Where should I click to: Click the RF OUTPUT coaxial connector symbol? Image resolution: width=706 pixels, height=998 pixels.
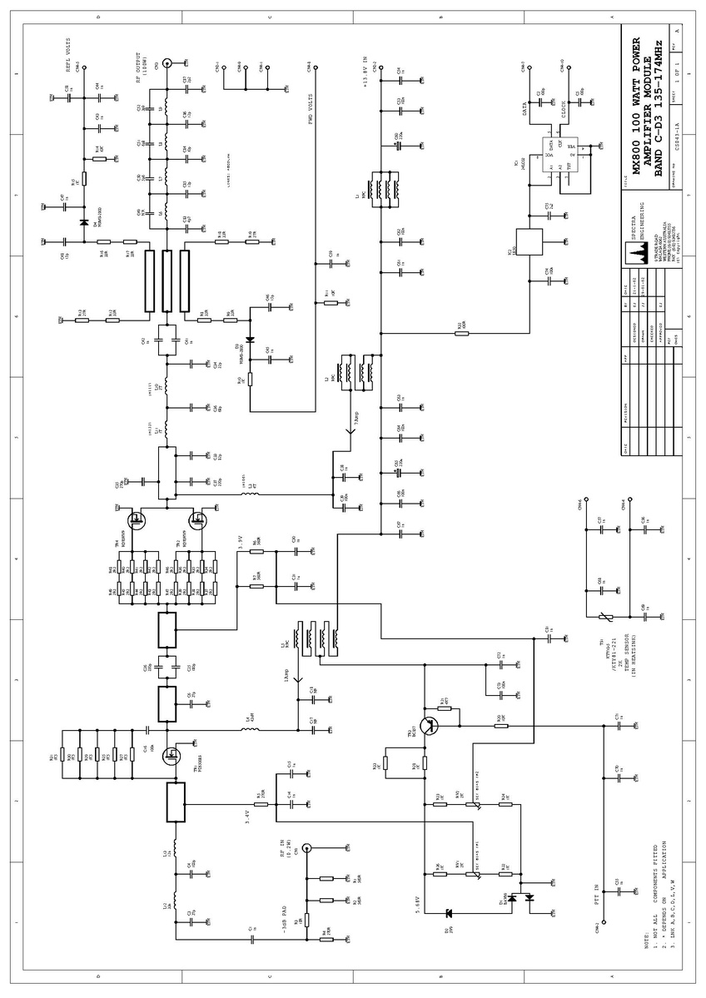coord(167,62)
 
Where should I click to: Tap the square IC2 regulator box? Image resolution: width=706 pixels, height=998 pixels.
coord(529,241)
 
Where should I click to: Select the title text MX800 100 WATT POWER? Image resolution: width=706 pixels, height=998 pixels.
coord(637,104)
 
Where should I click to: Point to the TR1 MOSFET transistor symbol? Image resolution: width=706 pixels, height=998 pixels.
coord(173,755)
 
